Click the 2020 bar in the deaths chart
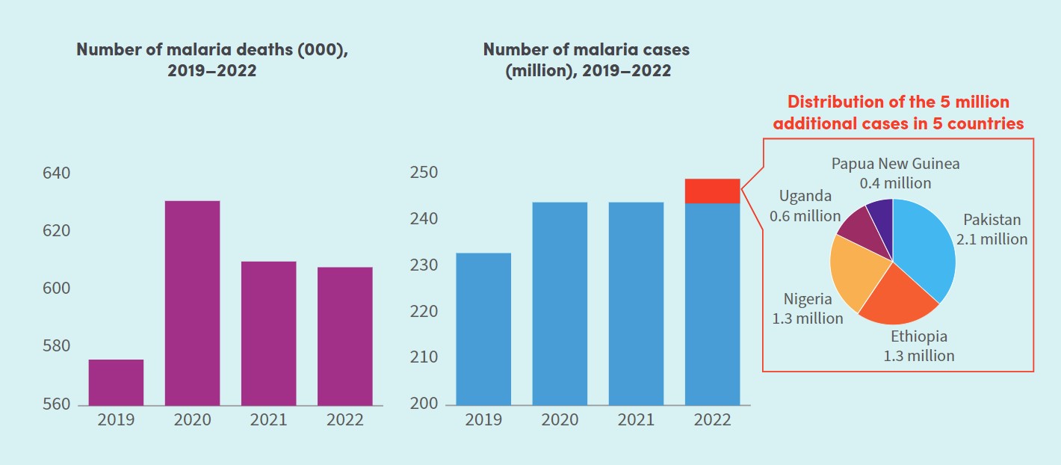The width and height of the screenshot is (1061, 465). pyautogui.click(x=192, y=303)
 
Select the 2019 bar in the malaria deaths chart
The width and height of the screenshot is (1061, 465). pyautogui.click(x=116, y=382)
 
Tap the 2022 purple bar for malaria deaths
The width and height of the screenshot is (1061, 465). pyautogui.click(x=344, y=336)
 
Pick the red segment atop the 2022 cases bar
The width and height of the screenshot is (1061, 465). pyautogui.click(x=712, y=191)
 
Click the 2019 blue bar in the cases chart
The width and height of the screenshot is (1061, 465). pyautogui.click(x=483, y=329)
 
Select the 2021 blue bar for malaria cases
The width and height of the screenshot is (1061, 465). pyautogui.click(x=636, y=304)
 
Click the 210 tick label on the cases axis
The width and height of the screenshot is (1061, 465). pyautogui.click(x=425, y=358)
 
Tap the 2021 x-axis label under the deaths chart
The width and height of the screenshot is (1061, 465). pyautogui.click(x=268, y=419)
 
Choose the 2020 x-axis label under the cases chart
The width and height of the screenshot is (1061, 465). pyautogui.click(x=560, y=419)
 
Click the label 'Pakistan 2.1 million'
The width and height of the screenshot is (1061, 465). pyautogui.click(x=992, y=230)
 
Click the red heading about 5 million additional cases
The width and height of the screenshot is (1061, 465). pyautogui.click(x=898, y=113)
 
